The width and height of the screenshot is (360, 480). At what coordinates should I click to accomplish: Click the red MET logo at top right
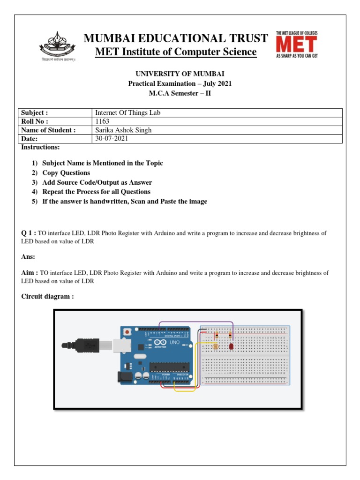point(296,44)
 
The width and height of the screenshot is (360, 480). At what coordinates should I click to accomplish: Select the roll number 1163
point(102,121)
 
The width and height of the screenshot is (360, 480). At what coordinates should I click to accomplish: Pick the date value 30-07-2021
point(111,139)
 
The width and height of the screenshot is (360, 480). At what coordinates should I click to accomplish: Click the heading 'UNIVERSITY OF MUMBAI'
point(180,74)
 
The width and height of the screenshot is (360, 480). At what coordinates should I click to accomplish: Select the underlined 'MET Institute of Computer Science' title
point(176,52)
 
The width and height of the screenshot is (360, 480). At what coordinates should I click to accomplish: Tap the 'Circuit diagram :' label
point(47,297)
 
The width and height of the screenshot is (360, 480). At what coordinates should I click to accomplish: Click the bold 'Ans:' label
point(29,257)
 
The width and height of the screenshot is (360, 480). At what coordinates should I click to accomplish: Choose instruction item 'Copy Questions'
point(66,173)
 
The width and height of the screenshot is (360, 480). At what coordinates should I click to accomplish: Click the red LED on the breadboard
point(231,346)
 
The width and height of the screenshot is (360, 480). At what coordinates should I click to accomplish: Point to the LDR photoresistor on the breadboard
point(216,347)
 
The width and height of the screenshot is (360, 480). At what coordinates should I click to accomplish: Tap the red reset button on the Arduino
point(127,332)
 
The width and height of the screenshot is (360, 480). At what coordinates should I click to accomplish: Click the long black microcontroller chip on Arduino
point(169,368)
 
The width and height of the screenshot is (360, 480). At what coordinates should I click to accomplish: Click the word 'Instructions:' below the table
point(40,147)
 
